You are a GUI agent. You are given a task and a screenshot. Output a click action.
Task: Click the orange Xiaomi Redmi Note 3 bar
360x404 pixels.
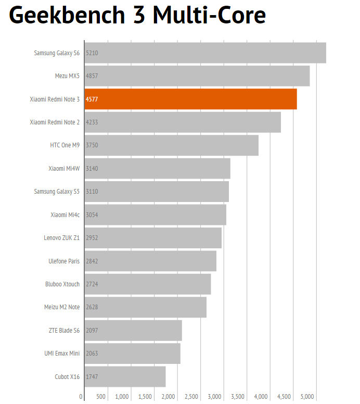191,99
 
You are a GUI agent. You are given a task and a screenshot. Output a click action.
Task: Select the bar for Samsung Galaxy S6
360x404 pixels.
205,53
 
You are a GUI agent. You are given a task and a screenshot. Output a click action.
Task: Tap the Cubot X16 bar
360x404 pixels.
125,376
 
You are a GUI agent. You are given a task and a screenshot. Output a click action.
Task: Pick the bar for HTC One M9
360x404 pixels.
172,145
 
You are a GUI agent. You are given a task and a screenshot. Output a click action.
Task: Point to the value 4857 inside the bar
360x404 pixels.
92,76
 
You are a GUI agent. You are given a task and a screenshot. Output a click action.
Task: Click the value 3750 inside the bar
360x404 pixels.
92,145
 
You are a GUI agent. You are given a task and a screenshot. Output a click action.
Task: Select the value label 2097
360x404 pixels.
92,331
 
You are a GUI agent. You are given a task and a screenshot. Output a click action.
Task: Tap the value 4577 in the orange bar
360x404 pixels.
92,99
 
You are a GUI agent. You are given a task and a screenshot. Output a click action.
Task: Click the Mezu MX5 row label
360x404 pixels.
67,76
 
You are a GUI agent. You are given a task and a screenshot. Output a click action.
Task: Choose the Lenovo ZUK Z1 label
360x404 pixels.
61,238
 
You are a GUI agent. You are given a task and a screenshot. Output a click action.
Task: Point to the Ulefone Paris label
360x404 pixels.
64,261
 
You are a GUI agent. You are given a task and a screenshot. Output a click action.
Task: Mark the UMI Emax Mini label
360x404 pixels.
62,353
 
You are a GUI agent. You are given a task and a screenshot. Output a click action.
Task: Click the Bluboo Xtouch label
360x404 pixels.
62,284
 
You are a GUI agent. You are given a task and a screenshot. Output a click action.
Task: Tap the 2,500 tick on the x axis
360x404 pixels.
191,397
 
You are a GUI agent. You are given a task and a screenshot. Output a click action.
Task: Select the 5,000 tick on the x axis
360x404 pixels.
307,397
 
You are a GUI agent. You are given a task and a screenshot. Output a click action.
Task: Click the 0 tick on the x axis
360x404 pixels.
81,397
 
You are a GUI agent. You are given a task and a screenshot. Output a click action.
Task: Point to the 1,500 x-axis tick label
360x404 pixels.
145,397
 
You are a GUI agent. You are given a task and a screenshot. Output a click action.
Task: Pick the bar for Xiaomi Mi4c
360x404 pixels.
156,214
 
